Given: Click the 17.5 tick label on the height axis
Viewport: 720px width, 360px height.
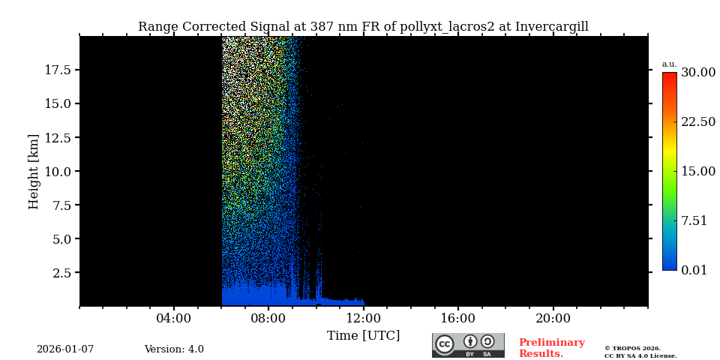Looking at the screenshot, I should (x=58, y=70).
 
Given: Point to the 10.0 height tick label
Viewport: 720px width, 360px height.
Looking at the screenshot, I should (x=58, y=171).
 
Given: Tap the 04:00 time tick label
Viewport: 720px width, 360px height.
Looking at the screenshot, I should (x=174, y=319).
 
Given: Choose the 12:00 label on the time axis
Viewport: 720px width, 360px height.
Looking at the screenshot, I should (x=363, y=319).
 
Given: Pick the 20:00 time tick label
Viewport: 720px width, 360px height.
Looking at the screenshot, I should (x=553, y=319).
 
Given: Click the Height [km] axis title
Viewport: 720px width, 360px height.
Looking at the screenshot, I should (x=34, y=171).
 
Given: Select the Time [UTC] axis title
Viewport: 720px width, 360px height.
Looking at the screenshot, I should (x=363, y=335).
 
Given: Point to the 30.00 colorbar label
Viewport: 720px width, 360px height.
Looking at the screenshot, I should (x=697, y=73).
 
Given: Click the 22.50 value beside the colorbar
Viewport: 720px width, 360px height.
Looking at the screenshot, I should (x=697, y=121).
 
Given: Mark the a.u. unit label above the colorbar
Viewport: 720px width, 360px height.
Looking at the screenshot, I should (x=669, y=64).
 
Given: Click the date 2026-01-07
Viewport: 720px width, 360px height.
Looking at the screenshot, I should (x=65, y=349).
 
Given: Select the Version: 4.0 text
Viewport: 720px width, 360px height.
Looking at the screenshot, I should (x=174, y=349).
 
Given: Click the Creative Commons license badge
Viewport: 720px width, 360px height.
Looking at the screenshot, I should (x=468, y=345).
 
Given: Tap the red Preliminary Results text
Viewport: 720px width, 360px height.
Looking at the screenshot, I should (x=551, y=348).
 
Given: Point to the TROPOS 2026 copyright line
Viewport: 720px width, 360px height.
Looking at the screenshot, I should (x=632, y=348).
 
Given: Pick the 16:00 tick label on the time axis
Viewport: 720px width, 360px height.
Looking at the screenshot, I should (x=457, y=319).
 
